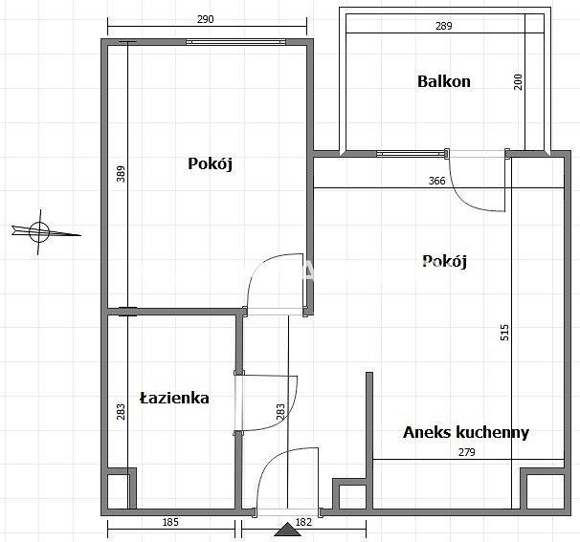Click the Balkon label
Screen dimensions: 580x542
pyautogui.click(x=444, y=81)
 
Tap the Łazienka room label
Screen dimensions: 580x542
pyautogui.click(x=174, y=398)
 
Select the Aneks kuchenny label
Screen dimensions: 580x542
pyautogui.click(x=466, y=432)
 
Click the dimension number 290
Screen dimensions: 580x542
pyautogui.click(x=205, y=19)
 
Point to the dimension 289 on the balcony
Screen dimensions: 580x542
pyautogui.click(x=444, y=26)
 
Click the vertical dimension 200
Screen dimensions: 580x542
pyautogui.click(x=518, y=81)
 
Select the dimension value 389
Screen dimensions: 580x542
pyautogui.click(x=121, y=174)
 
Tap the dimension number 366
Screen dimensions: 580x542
pyautogui.click(x=436, y=181)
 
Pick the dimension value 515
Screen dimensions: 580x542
pyautogui.click(x=504, y=332)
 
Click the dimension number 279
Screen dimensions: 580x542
pyautogui.click(x=467, y=452)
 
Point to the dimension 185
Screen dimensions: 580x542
pyautogui.click(x=170, y=522)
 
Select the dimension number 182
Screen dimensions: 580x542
pyautogui.click(x=303, y=522)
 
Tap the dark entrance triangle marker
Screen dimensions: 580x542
pyautogui.click(x=287, y=530)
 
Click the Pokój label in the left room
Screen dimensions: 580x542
pyautogui.click(x=211, y=163)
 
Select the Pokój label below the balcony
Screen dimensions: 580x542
pyautogui.click(x=444, y=261)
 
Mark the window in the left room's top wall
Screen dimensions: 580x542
pyautogui.click(x=235, y=42)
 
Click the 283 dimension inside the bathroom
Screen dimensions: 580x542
pyautogui.click(x=121, y=412)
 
